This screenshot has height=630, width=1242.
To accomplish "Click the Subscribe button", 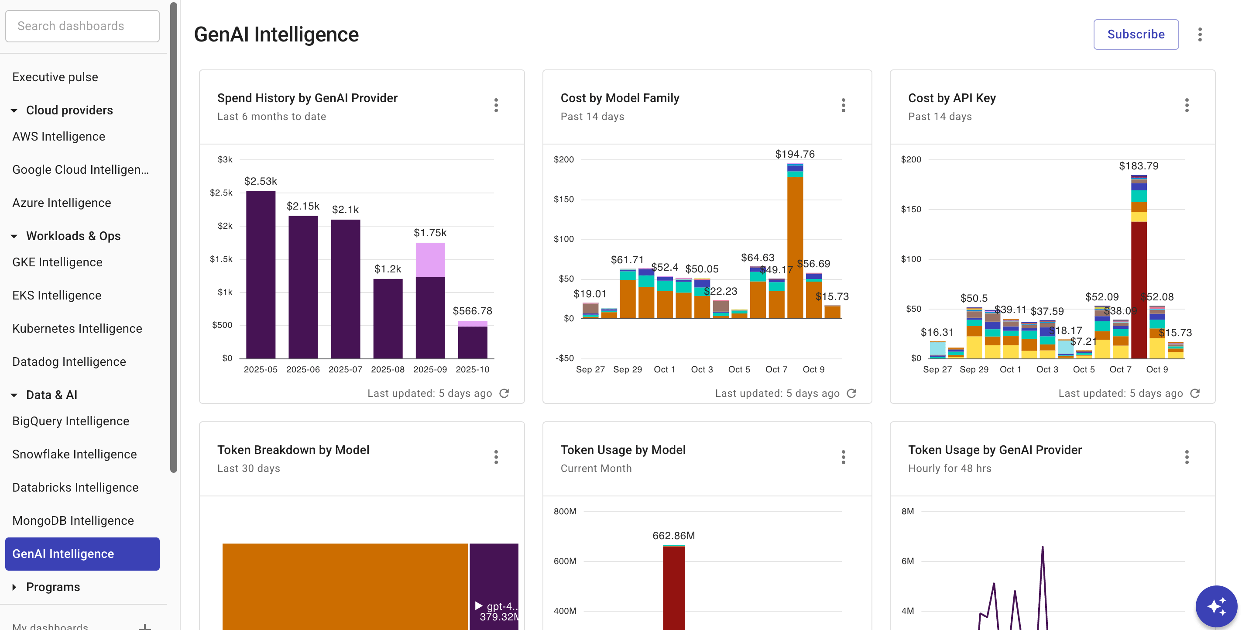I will tap(1136, 34).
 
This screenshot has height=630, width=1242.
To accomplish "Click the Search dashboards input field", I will tap(82, 26).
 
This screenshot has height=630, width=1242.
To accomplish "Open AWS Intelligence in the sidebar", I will tap(59, 137).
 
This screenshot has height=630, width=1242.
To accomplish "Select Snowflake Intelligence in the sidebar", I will tap(74, 454).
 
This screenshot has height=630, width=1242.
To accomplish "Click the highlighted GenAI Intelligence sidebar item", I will tap(82, 554).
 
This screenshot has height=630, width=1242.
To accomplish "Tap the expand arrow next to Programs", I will tap(14, 587).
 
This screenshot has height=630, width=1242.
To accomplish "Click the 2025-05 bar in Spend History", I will tap(261, 275).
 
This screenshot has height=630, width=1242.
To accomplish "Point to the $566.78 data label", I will tap(472, 311).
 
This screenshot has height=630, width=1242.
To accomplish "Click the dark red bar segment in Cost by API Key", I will tap(1138, 289).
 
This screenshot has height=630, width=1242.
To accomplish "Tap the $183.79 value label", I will tap(1138, 166).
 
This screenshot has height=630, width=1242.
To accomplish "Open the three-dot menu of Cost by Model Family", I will tap(843, 105).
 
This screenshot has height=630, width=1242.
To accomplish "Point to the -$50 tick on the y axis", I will tap(564, 358).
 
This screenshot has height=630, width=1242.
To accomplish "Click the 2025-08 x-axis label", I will tap(388, 369).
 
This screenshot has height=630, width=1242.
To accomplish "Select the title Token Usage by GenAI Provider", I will tap(995, 450).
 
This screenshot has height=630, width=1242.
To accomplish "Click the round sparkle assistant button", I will tap(1215, 606).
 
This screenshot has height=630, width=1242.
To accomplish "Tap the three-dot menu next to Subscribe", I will tap(1200, 34).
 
